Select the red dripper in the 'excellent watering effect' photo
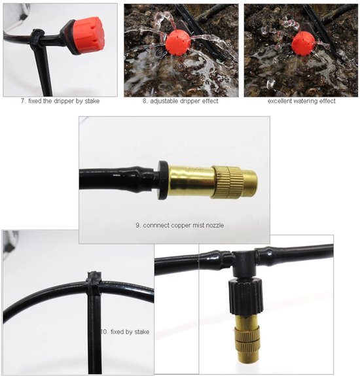pyautogui.click(x=303, y=43)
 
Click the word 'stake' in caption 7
pyautogui.click(x=92, y=101)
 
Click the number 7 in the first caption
pyautogui.click(x=23, y=101)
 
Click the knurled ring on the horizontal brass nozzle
pyautogui.click(x=226, y=182)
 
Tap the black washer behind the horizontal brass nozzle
pyautogui.click(x=162, y=180)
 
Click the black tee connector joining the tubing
pyautogui.click(x=245, y=263)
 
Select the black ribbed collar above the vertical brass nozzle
pyautogui.click(x=245, y=296)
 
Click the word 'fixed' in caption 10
pyautogui.click(x=118, y=332)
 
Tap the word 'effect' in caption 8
pyautogui.click(x=210, y=101)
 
